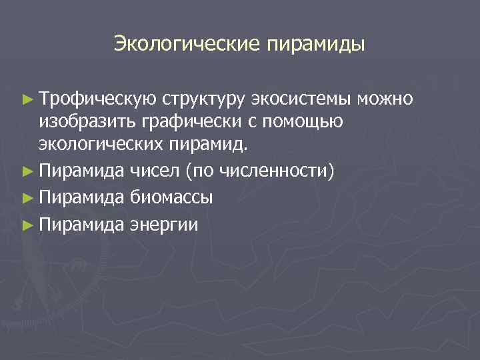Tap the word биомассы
[x=173, y=197]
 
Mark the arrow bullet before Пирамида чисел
[x=27, y=172]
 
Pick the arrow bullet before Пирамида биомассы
[x=27, y=197]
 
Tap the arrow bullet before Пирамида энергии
[x=27, y=223]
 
